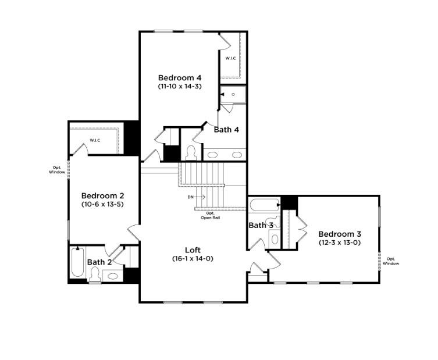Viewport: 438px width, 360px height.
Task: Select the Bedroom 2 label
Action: click(102, 195)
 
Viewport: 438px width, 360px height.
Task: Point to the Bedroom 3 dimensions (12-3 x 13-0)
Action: click(340, 243)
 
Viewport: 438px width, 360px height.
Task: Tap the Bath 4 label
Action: click(226, 130)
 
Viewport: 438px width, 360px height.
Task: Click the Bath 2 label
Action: click(99, 262)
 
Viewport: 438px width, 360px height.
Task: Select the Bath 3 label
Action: click(261, 226)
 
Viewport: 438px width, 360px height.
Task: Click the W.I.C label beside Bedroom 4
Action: click(231, 58)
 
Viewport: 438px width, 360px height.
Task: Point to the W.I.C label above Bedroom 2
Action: click(96, 140)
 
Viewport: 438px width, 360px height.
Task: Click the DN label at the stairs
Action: click(190, 197)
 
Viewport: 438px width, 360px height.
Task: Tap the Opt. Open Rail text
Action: click(211, 216)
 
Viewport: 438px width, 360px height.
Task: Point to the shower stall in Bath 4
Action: click(233, 95)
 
